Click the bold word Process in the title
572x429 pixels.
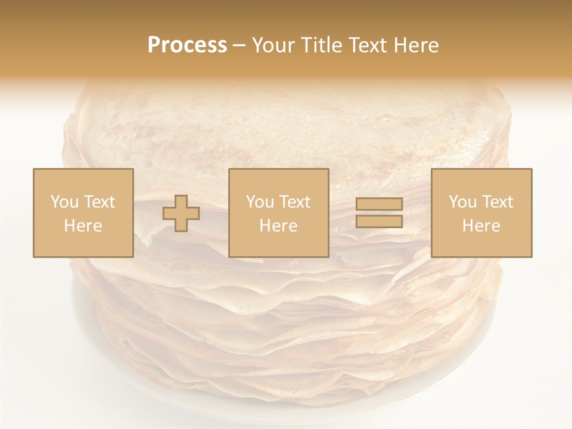(187, 45)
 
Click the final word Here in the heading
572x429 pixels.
(418, 45)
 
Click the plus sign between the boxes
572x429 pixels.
(181, 213)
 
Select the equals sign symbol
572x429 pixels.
(379, 213)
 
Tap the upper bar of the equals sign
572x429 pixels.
(379, 204)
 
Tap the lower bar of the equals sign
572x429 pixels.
(379, 221)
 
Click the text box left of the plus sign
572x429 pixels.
(83, 213)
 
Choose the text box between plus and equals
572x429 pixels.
(278, 213)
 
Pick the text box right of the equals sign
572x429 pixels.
(481, 213)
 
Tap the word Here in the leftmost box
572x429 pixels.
(83, 226)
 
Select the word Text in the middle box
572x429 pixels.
(295, 202)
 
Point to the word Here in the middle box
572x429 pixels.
(278, 226)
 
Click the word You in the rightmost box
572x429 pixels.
(463, 202)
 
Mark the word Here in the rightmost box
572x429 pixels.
(481, 226)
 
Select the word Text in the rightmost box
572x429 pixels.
(498, 202)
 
